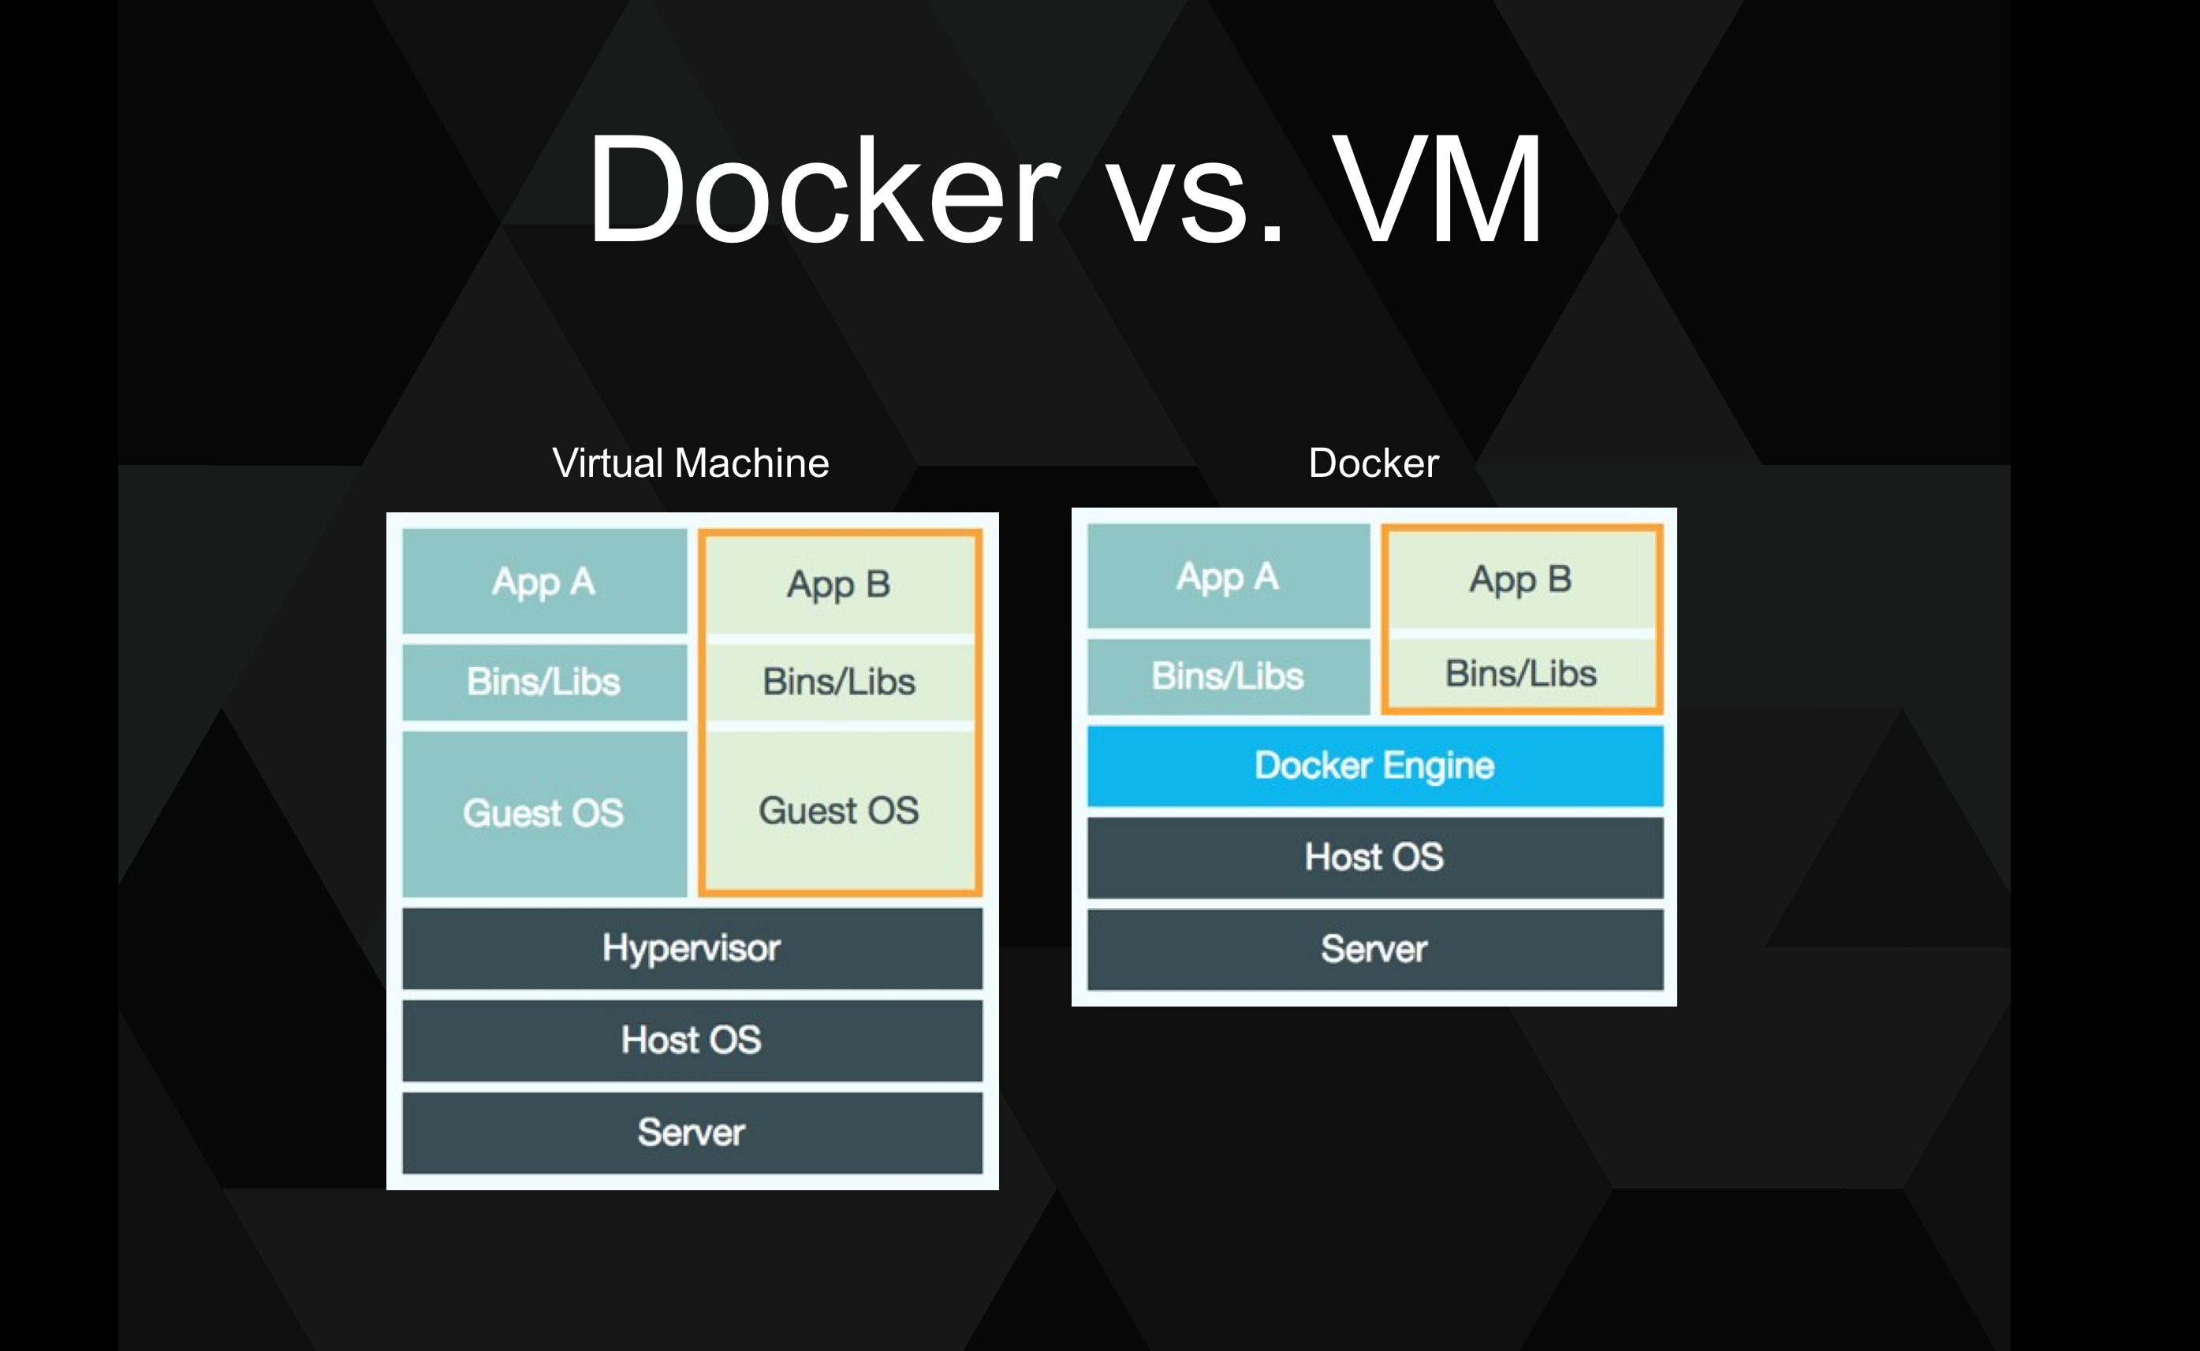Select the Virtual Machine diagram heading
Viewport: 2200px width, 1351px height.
click(690, 463)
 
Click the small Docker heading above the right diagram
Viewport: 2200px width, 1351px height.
click(1374, 463)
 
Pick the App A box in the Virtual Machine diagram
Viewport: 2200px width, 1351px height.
click(544, 582)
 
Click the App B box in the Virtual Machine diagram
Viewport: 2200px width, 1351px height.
click(839, 584)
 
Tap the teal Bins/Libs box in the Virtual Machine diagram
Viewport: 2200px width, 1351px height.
click(544, 682)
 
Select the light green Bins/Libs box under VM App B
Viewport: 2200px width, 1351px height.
click(839, 682)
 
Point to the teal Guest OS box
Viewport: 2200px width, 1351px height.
click(544, 813)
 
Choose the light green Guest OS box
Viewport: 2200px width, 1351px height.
click(839, 810)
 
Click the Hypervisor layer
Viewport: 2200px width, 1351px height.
click(692, 948)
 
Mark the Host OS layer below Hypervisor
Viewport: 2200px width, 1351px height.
click(692, 1040)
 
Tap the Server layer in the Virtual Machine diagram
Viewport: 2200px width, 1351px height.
click(692, 1132)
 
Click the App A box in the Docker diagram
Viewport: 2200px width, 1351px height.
click(1228, 576)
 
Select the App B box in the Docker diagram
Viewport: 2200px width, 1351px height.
click(1521, 579)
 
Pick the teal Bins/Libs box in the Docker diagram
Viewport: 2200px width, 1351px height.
click(1228, 676)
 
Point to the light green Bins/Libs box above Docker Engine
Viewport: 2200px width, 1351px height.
click(1521, 673)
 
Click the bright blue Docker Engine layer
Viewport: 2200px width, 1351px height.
click(1374, 765)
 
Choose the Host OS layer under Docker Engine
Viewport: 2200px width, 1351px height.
click(1374, 857)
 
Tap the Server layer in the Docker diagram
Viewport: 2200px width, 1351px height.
click(1374, 949)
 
